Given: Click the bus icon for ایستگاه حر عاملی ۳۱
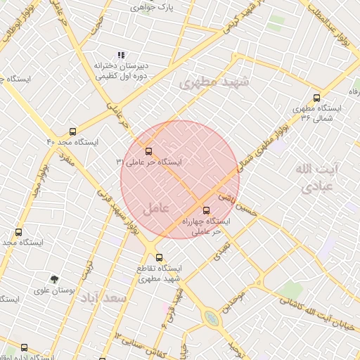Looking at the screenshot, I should click(x=148, y=150).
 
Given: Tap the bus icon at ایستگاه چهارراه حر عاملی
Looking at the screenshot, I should click(x=206, y=209).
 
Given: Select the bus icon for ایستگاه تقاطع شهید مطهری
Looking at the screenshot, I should click(x=160, y=257).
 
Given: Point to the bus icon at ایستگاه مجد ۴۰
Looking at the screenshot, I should click(x=73, y=131).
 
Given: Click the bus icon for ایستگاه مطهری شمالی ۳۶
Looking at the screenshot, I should click(x=316, y=98).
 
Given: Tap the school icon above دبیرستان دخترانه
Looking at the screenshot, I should click(x=121, y=54).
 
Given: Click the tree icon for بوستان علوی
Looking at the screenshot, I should click(x=55, y=279).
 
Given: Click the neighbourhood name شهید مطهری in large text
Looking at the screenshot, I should click(x=209, y=82).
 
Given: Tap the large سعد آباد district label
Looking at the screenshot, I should click(x=103, y=298).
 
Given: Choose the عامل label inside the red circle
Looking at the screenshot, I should click(x=155, y=208).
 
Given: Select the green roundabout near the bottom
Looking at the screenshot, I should click(x=211, y=319).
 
